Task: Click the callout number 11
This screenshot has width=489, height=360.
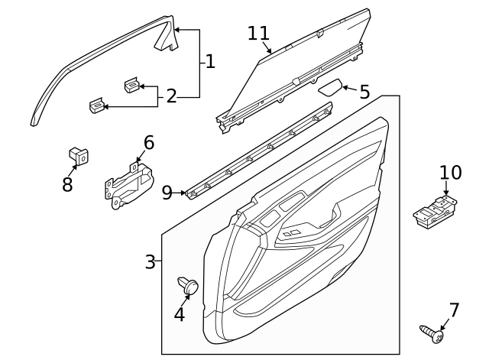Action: pos(259,33)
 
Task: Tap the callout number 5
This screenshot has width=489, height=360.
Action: pos(364,92)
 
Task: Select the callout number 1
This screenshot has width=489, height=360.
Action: pos(210,61)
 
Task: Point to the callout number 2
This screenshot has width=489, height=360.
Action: pos(171,96)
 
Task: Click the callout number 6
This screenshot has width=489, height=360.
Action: pos(148,142)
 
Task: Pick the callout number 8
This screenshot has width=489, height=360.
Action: pos(67,184)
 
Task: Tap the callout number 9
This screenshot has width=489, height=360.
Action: pos(167,192)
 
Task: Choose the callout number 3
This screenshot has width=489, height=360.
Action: pos(151,262)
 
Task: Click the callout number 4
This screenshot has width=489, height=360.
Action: pos(180,313)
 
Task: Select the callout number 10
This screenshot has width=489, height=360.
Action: pos(451,173)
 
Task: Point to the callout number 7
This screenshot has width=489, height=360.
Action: pos(455,310)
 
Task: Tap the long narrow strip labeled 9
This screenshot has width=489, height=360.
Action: pos(260,153)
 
